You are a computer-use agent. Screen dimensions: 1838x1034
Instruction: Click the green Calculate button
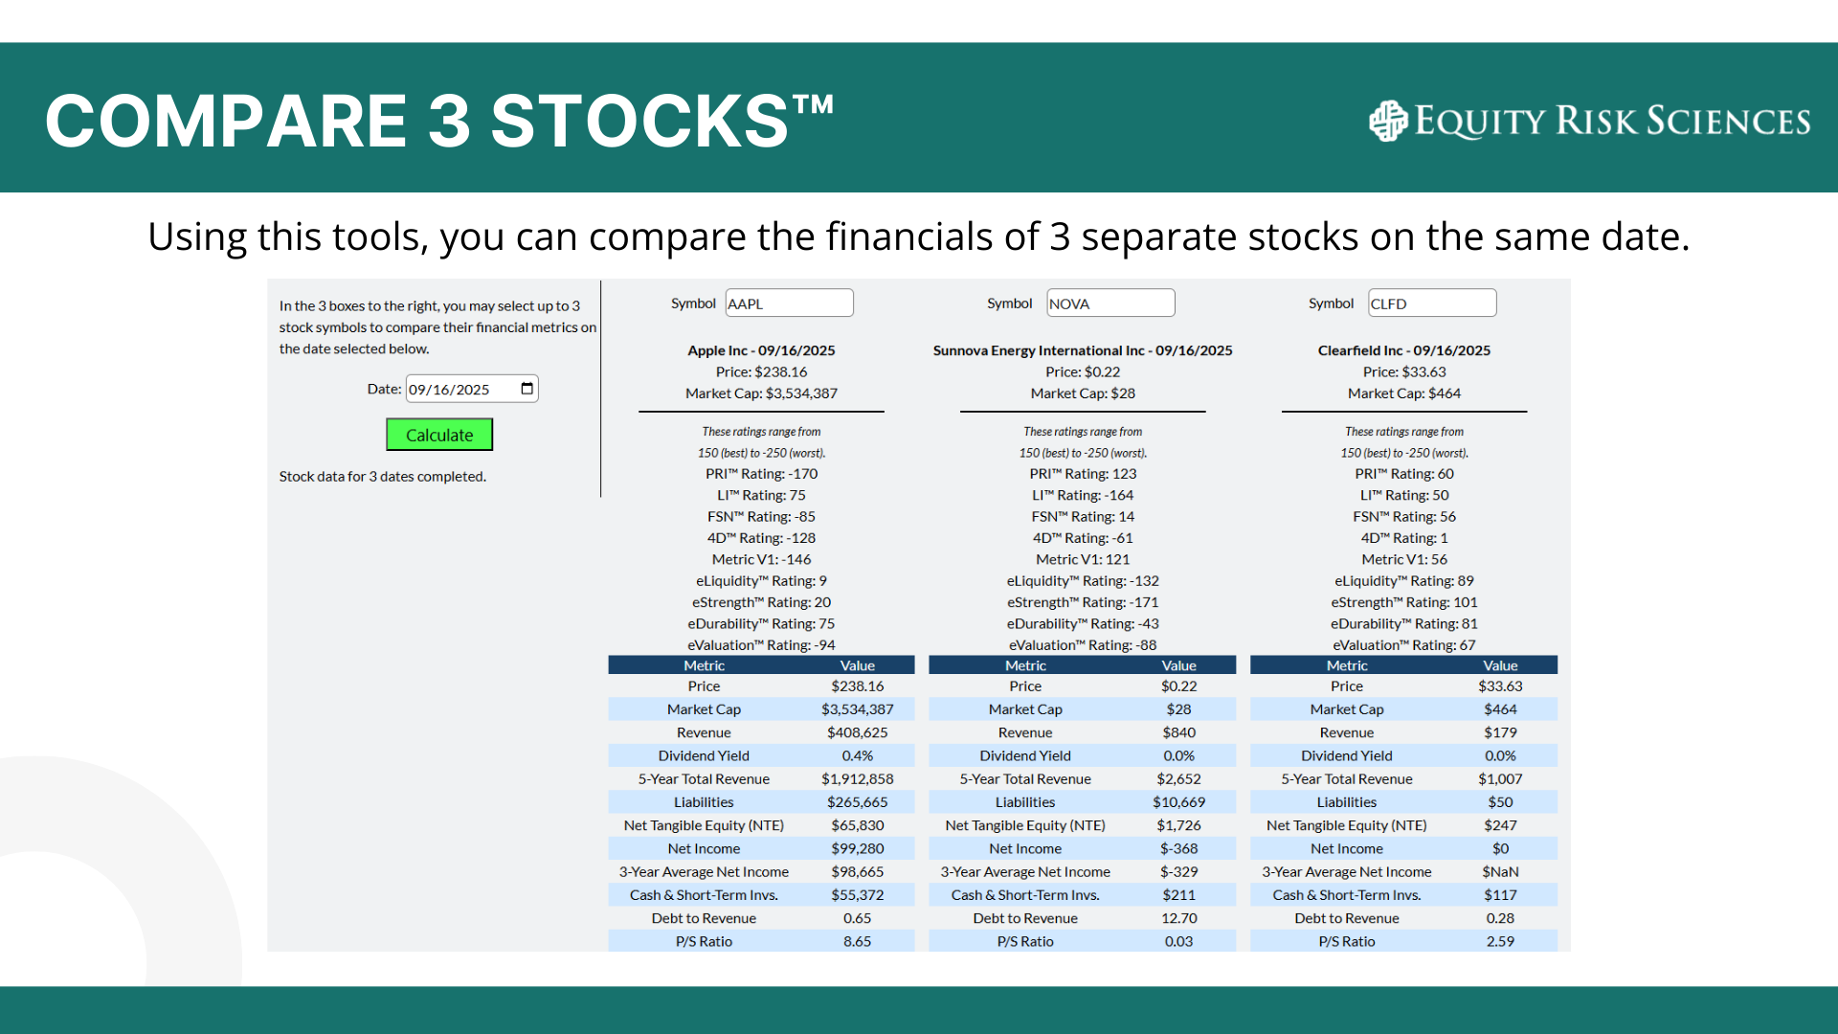439,435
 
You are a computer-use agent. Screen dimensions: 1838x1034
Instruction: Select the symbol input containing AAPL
789,303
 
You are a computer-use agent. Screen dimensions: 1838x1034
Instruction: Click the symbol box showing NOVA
1110,303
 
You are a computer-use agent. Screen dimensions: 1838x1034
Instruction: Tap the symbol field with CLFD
1432,303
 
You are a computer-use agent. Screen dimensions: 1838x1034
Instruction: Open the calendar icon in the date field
527,389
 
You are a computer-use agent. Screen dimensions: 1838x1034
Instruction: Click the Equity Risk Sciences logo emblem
1388,121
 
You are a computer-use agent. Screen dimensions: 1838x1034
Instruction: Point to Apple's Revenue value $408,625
858,732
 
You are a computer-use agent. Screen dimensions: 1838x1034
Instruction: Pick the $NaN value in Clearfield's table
1500,872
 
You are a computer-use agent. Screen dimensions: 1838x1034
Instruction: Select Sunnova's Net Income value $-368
1178,849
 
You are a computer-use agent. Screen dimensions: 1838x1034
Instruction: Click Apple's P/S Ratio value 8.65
858,942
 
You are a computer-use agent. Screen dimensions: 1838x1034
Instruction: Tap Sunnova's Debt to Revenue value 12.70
1178,919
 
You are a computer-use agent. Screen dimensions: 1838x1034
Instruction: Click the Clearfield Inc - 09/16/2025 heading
1404,350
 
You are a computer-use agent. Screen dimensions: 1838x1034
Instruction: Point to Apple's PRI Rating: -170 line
762,474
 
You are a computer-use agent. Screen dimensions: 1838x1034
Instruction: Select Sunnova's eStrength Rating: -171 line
1083,603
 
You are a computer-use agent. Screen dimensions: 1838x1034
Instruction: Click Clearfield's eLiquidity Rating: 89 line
1404,581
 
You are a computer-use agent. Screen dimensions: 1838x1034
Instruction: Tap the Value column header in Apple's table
858,665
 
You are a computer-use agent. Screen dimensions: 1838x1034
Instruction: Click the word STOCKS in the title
639,122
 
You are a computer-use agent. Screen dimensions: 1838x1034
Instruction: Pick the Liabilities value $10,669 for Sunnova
1178,802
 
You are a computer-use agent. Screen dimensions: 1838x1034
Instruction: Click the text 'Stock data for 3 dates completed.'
383,477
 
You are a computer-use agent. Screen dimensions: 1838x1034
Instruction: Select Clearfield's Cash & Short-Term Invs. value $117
1500,895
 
